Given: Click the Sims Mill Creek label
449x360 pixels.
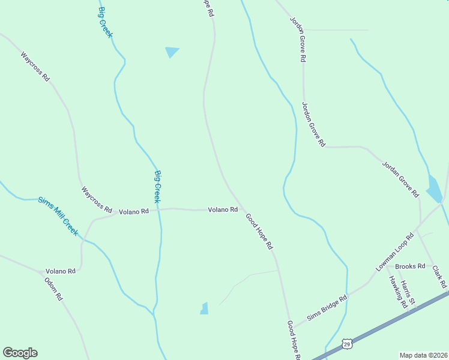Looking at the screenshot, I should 58,216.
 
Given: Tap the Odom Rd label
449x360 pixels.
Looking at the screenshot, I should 54,289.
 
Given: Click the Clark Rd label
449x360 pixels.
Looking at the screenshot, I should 440,276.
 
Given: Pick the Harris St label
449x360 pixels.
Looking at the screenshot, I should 408,294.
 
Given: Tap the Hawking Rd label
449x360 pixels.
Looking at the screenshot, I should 397,292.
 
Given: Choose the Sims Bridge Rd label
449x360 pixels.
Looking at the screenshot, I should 327,308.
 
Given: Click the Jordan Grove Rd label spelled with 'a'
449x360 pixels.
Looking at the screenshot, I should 400,179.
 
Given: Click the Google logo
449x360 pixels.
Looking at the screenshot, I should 20,353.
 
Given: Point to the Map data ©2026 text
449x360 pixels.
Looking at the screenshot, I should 423,355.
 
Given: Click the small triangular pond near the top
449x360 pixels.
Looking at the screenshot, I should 172,52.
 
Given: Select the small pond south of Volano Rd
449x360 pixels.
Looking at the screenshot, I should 204,308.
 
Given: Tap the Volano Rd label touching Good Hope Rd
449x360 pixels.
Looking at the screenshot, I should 223,210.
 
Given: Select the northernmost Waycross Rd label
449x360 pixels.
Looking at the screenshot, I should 35,67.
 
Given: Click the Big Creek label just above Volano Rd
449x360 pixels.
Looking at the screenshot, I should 157,186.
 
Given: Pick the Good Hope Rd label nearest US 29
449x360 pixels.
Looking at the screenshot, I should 292,340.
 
